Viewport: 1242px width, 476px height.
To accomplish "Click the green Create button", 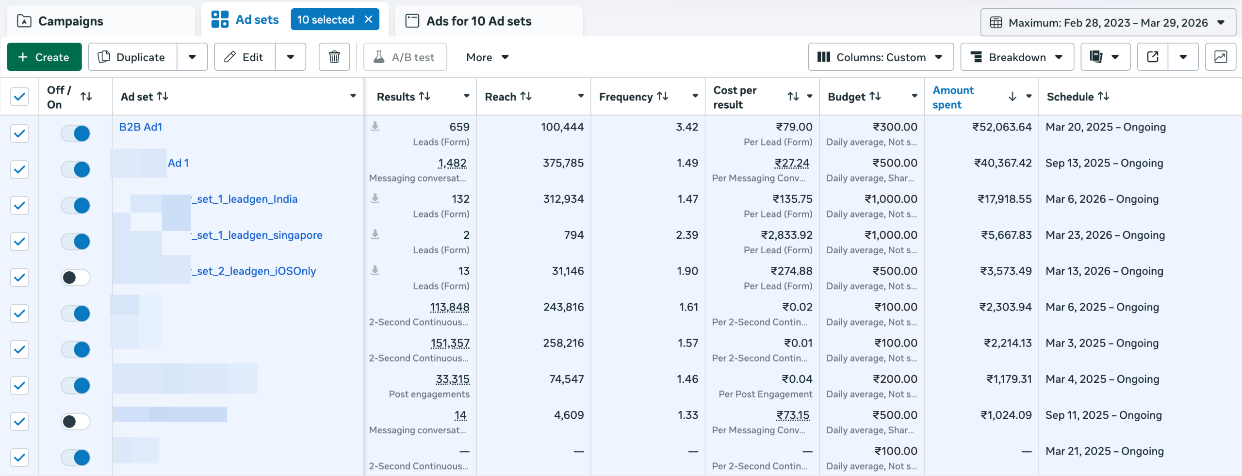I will pyautogui.click(x=44, y=57).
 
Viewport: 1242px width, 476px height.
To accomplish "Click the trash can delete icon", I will pyautogui.click(x=334, y=57).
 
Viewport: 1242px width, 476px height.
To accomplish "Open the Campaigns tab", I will pyautogui.click(x=70, y=21).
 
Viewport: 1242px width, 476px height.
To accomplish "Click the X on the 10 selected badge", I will pyautogui.click(x=368, y=19).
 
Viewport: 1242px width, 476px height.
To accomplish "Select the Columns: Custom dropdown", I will pyautogui.click(x=880, y=57).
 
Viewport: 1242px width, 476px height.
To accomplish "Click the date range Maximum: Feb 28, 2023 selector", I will pyautogui.click(x=1108, y=23).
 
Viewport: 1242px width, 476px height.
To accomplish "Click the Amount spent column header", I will pyautogui.click(x=953, y=97).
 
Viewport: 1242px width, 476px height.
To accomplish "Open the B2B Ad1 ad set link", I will pyautogui.click(x=141, y=127).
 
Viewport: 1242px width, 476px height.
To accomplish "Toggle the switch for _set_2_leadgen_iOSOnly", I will pyautogui.click(x=76, y=278).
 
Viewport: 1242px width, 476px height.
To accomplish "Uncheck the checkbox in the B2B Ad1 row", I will pyautogui.click(x=19, y=133).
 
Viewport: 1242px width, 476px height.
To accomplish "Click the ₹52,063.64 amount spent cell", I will pyautogui.click(x=1001, y=127).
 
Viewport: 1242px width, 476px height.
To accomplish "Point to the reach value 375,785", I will pyautogui.click(x=563, y=163).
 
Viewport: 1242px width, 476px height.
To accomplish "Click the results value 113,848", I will pyautogui.click(x=449, y=307).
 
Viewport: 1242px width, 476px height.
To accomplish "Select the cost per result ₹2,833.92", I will pyautogui.click(x=786, y=235).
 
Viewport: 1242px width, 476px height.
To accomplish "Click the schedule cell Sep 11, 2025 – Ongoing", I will pyautogui.click(x=1103, y=415).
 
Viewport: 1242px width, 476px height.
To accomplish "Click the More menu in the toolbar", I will pyautogui.click(x=487, y=57).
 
